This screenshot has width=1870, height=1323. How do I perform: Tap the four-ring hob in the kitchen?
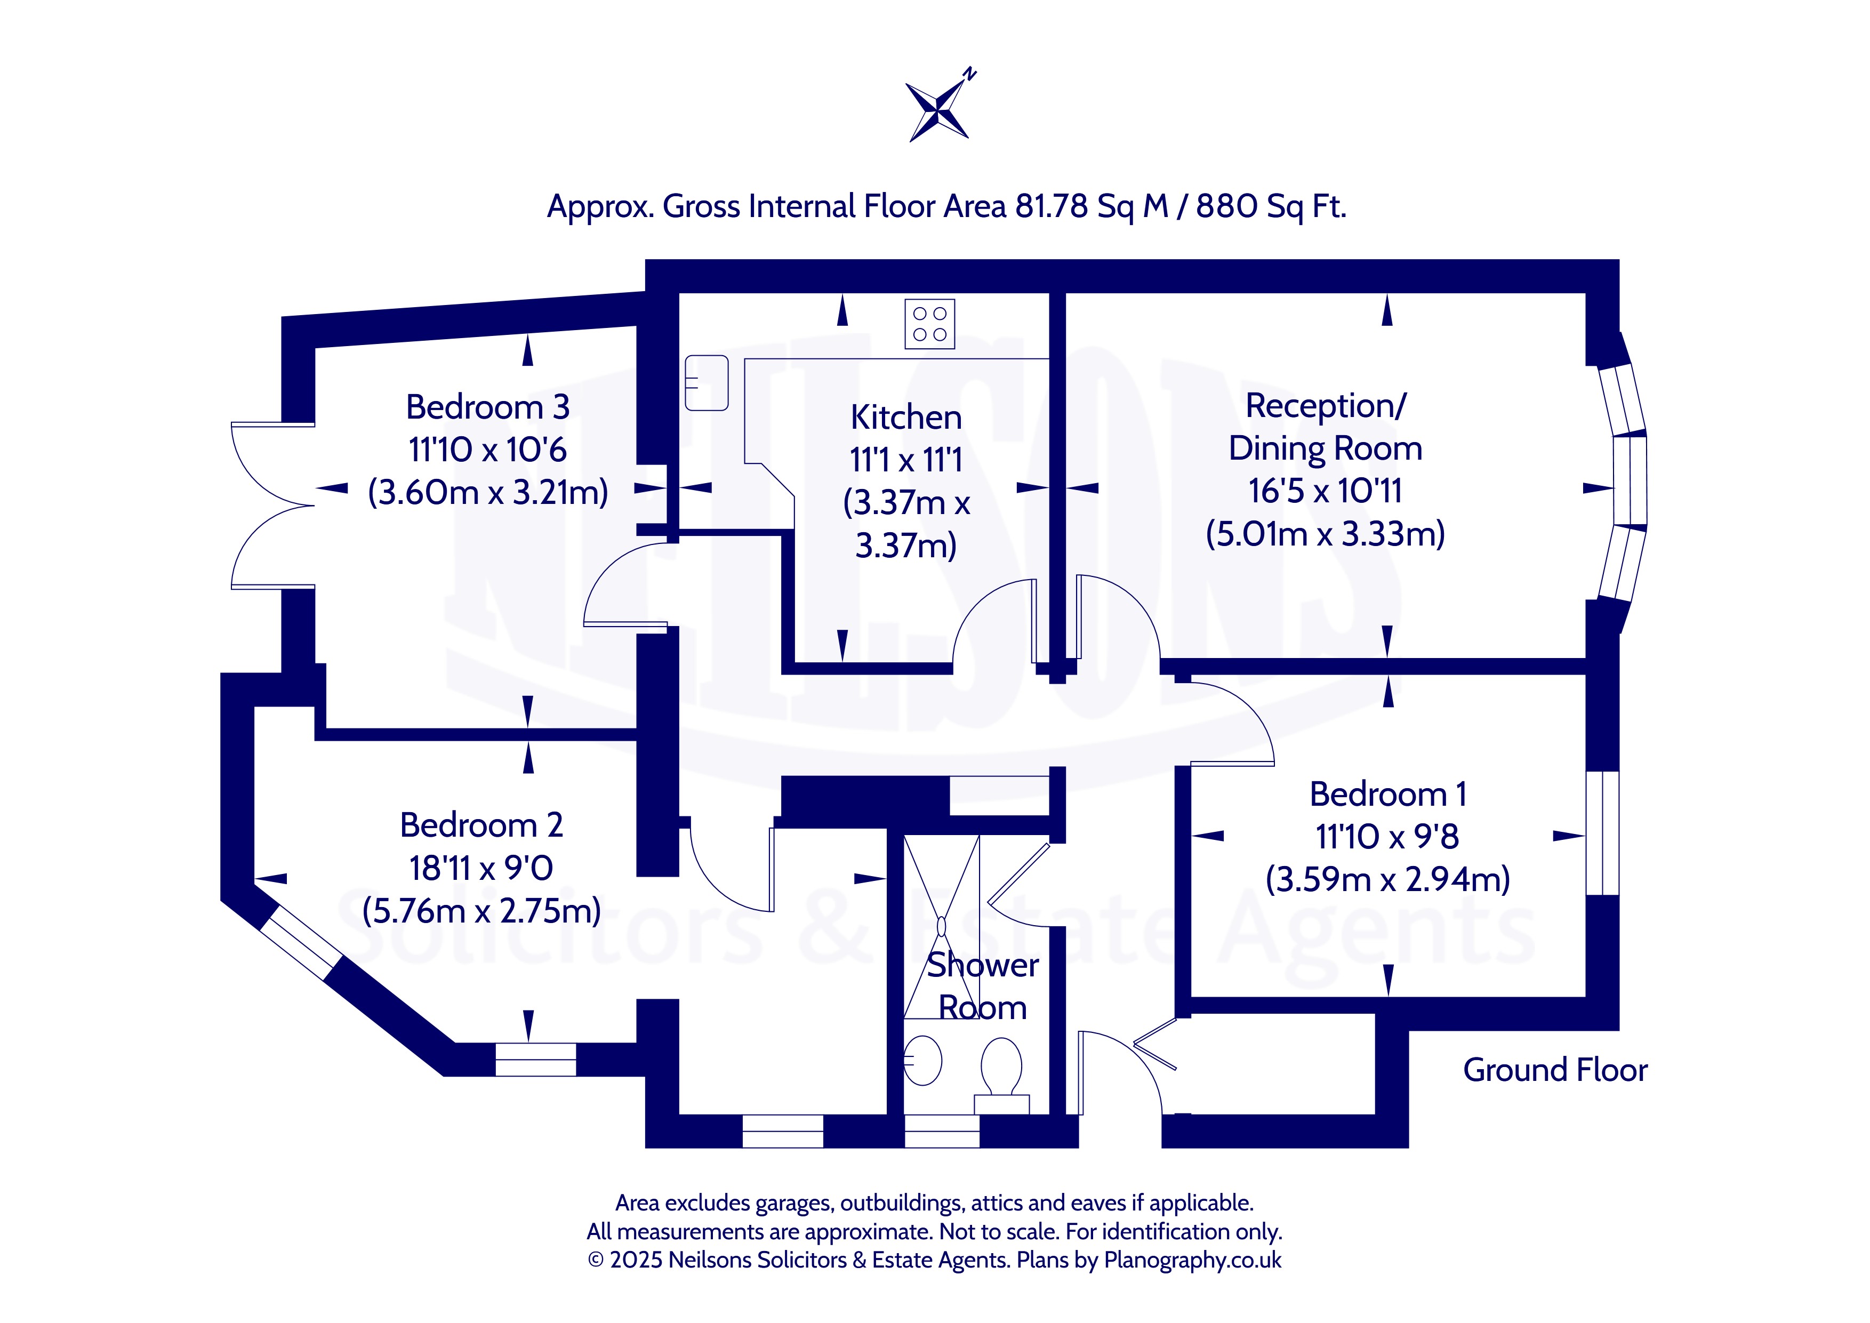(929, 324)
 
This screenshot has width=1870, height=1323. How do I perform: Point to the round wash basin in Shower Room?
(923, 1060)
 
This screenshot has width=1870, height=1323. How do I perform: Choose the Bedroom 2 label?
(481, 825)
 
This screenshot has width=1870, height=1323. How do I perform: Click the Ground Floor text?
(1555, 1070)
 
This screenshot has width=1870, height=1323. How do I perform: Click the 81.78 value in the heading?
(1050, 207)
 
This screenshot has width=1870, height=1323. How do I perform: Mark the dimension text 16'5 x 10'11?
(1325, 491)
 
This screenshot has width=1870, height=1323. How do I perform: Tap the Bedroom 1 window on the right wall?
(1602, 832)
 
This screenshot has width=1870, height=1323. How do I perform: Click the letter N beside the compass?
(969, 74)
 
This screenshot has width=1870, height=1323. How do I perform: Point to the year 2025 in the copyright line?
(636, 1260)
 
